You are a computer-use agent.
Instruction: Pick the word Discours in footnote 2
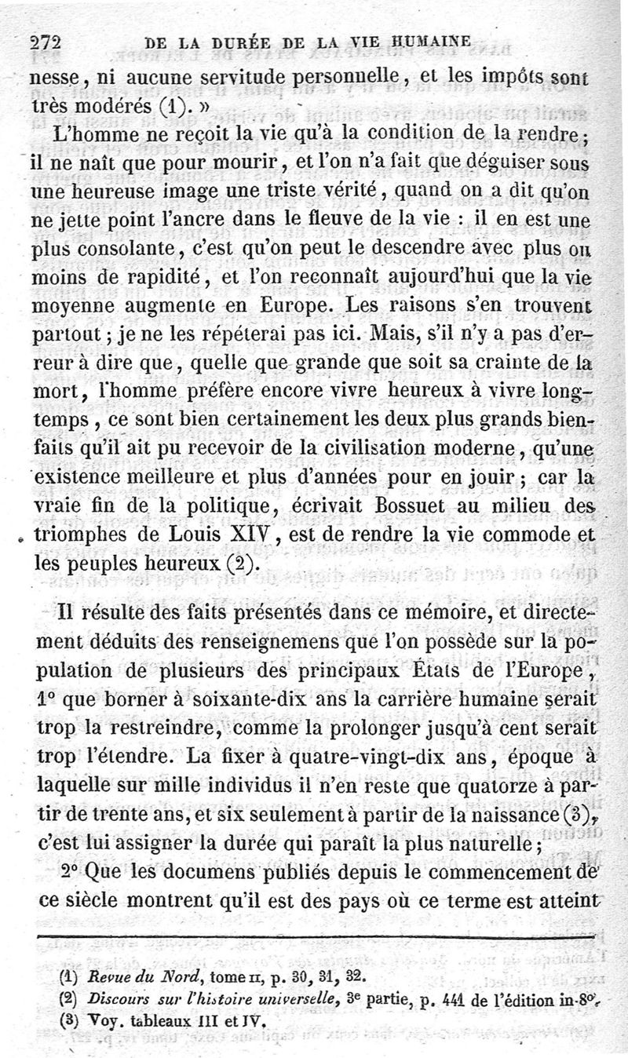[117, 1000]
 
